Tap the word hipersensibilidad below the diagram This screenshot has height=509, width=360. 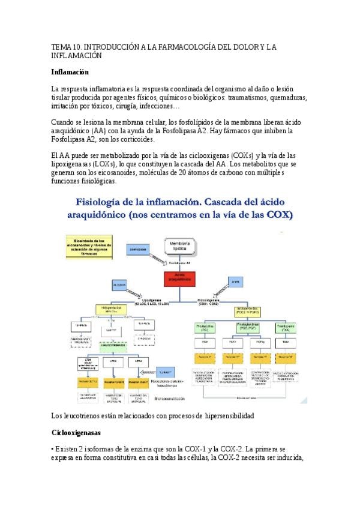pyautogui.click(x=220, y=415)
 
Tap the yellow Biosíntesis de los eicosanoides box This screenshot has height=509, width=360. pyautogui.click(x=90, y=246)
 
